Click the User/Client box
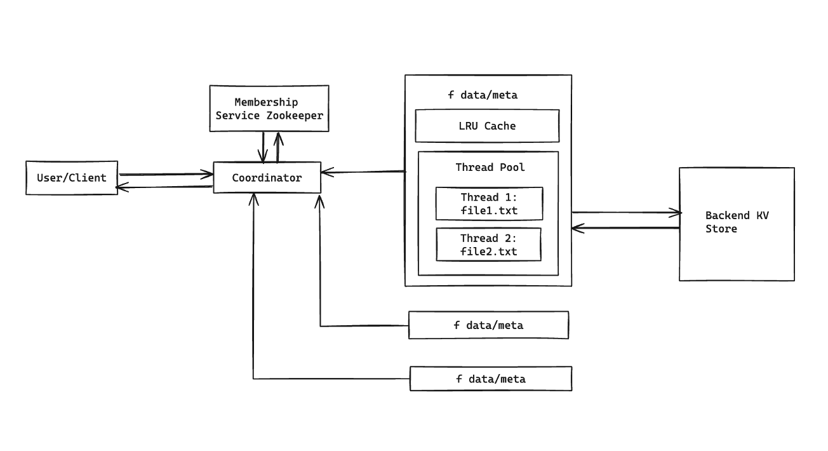point(72,178)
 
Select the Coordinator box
point(267,178)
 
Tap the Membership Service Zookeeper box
point(269,109)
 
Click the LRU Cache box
point(487,126)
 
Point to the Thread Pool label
point(490,167)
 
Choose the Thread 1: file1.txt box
point(489,203)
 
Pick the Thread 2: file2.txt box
point(488,245)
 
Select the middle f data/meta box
point(488,325)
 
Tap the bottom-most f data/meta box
point(491,379)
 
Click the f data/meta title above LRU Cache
point(483,95)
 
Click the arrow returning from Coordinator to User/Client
point(165,187)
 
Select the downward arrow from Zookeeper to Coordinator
point(264,146)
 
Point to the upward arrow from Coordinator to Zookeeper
point(277,146)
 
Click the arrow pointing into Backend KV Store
point(625,213)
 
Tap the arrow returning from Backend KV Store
point(625,227)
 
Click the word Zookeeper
point(295,116)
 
